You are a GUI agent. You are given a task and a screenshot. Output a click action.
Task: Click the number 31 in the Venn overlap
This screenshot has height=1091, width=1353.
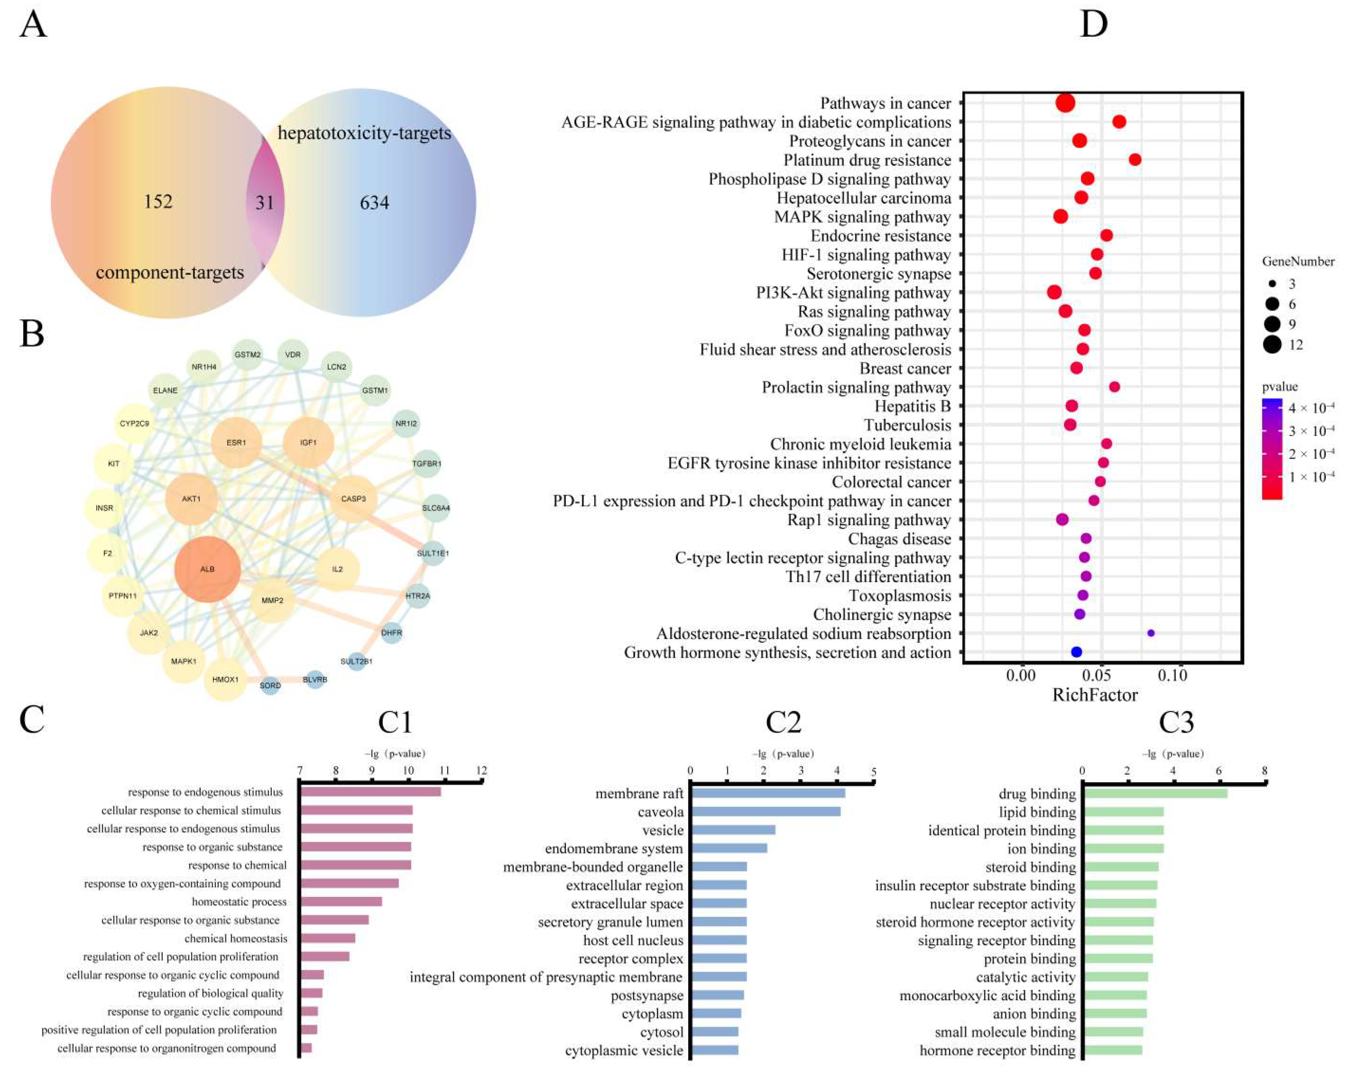click(265, 202)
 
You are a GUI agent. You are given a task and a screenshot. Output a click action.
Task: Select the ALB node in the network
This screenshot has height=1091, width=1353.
click(207, 569)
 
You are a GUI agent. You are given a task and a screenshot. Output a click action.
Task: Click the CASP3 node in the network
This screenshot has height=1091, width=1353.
click(353, 498)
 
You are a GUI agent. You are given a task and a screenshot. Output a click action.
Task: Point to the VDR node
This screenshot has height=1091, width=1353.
click(293, 354)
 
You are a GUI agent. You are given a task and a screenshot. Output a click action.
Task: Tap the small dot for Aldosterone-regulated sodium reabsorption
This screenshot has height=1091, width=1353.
click(1151, 633)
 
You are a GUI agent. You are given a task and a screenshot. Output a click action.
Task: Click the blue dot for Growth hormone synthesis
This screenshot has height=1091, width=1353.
click(1076, 652)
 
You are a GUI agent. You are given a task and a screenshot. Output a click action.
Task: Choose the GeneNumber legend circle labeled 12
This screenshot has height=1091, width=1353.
click(1272, 344)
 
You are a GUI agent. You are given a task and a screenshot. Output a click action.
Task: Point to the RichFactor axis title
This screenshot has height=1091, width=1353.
click(1095, 695)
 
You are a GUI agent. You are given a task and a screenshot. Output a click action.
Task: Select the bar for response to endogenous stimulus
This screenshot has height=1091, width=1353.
click(371, 792)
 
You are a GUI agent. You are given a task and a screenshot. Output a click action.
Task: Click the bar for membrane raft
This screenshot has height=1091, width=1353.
click(768, 793)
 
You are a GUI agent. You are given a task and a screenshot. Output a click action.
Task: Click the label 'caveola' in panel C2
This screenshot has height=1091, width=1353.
click(660, 812)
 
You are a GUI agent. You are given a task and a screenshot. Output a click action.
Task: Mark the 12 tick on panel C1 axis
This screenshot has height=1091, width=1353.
click(482, 771)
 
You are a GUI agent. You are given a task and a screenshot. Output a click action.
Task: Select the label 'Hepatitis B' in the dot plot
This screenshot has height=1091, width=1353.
click(912, 406)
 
